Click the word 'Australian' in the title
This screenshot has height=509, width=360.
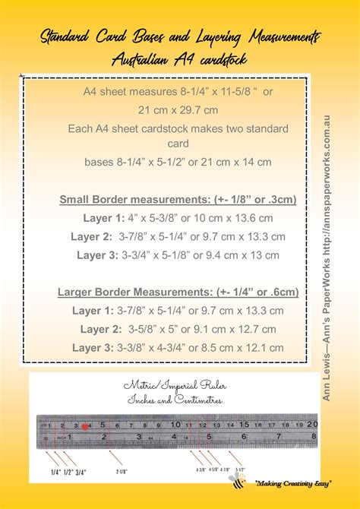142,58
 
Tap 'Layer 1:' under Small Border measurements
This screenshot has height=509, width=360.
103,218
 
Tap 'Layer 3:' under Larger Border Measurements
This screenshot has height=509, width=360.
93,347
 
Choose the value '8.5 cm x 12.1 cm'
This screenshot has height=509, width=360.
242,347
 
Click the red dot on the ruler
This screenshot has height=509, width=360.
84,426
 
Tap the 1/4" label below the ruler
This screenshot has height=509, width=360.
55,473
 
